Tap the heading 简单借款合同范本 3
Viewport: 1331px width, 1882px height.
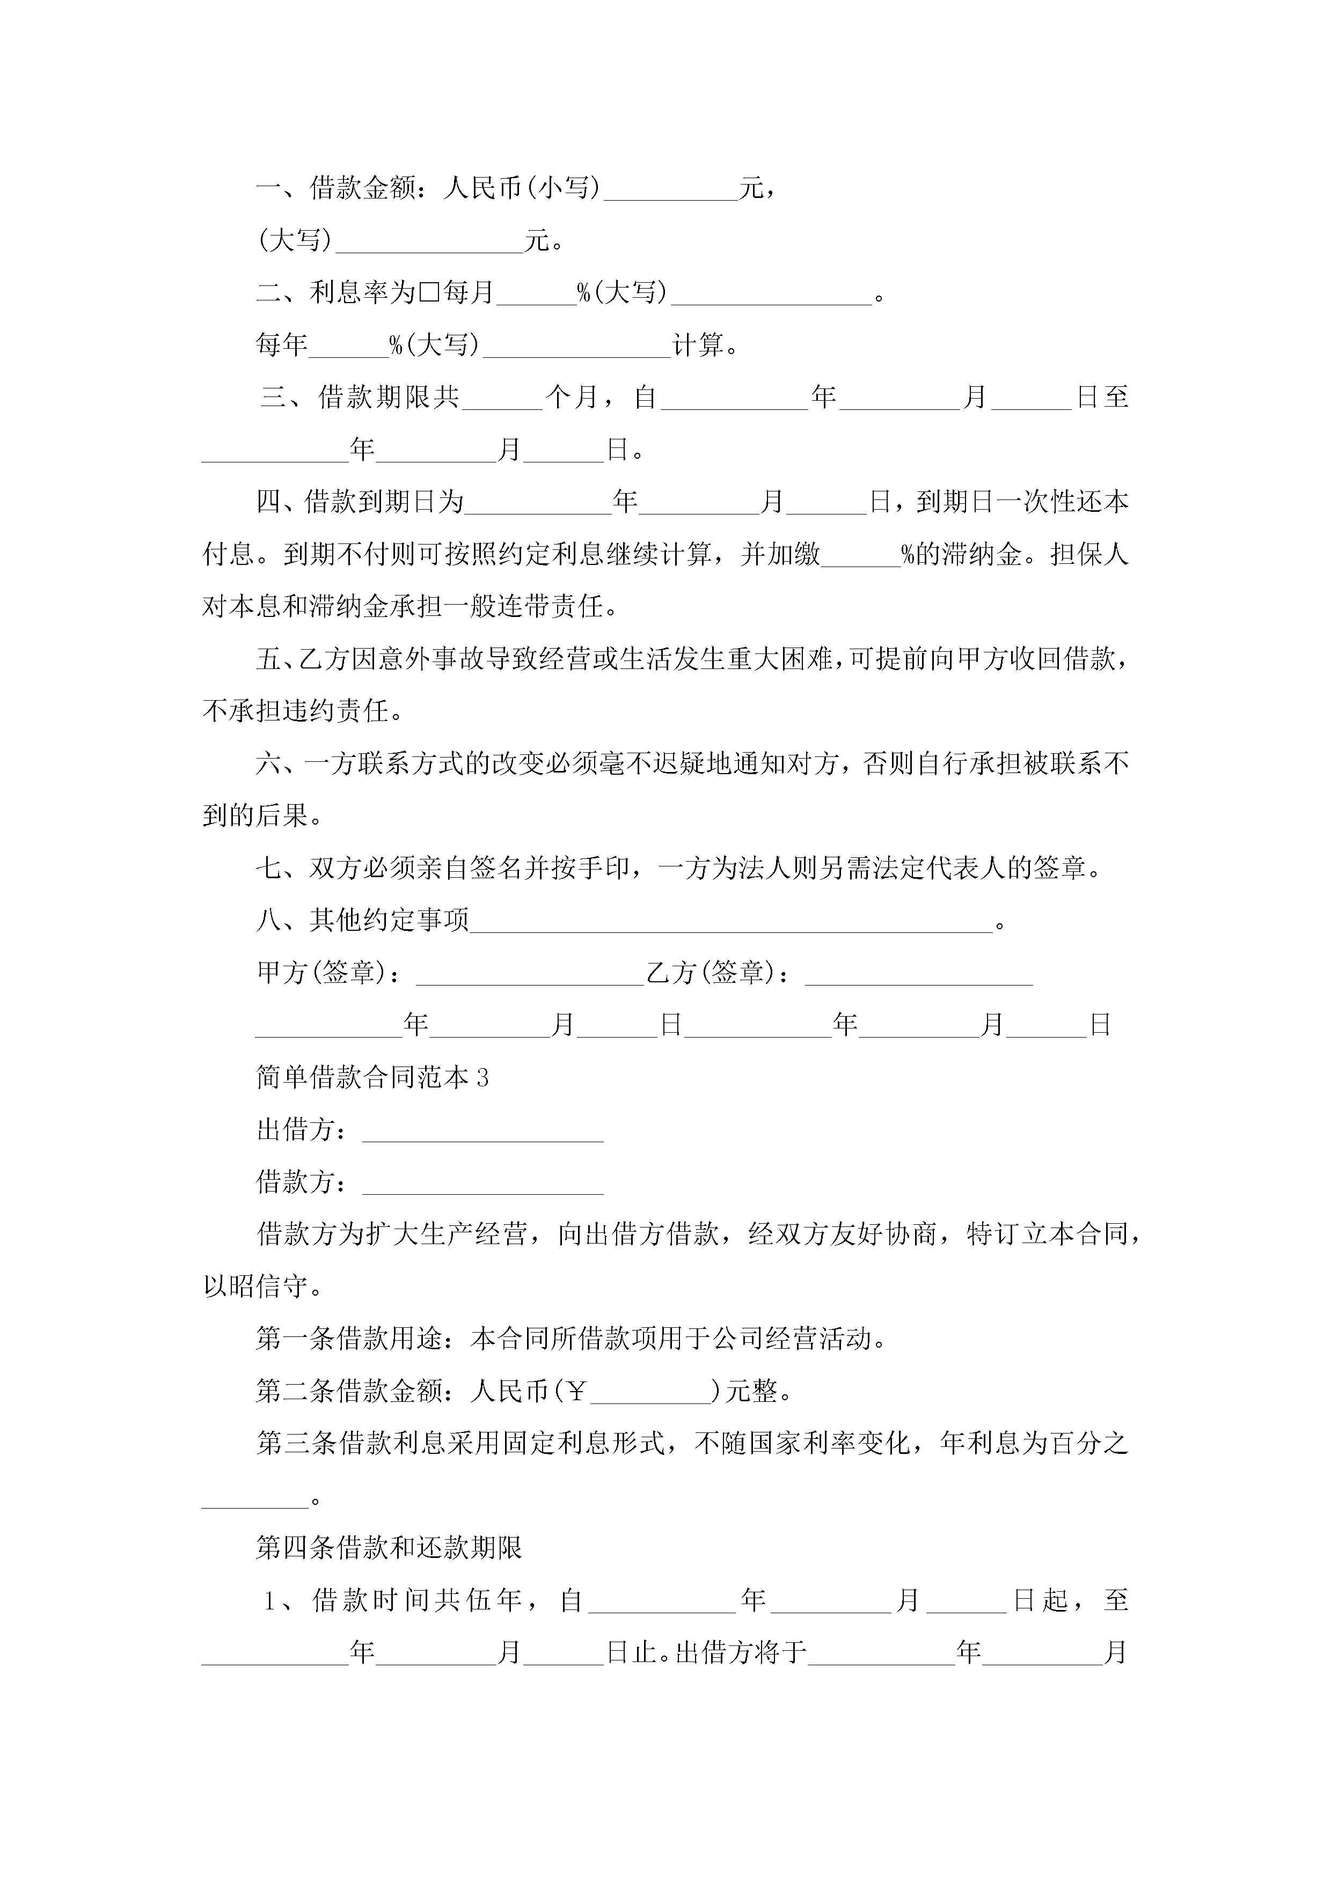372,1077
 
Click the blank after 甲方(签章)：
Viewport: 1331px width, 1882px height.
529,975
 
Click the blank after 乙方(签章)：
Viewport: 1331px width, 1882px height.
918,975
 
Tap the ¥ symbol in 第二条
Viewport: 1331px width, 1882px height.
576,1391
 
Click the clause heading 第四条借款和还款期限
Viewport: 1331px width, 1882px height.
389,1548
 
